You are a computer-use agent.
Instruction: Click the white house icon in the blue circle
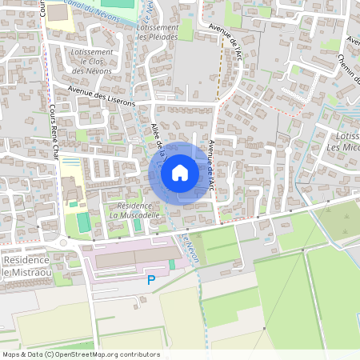(x=180, y=173)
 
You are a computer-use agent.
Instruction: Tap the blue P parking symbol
(x=151, y=280)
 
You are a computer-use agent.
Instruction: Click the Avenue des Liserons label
(x=102, y=96)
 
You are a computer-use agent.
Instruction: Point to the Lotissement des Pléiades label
(x=158, y=32)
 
